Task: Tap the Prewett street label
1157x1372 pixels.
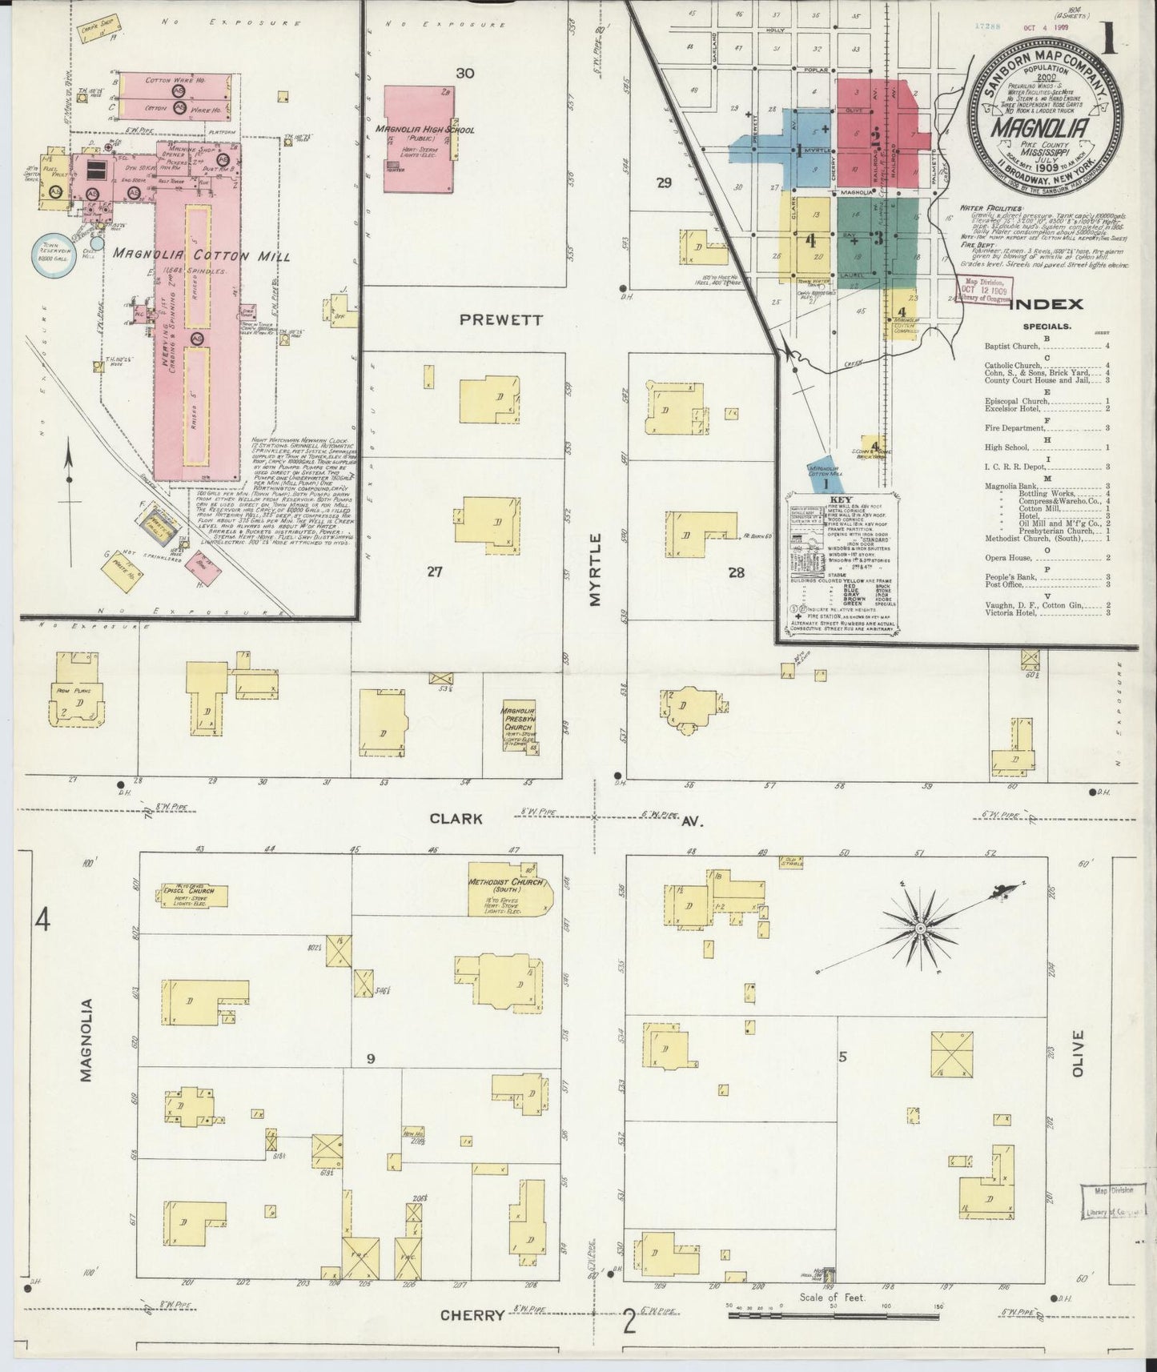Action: pyautogui.click(x=501, y=319)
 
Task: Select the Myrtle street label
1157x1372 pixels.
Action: pyautogui.click(x=596, y=571)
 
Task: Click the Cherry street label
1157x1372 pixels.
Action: pyautogui.click(x=472, y=1314)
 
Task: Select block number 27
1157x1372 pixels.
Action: pyautogui.click(x=434, y=572)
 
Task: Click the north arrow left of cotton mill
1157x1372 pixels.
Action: pyautogui.click(x=70, y=480)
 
